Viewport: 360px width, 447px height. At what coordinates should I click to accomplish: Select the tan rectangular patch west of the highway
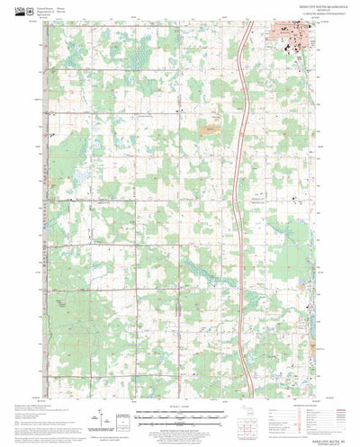[x=212, y=130]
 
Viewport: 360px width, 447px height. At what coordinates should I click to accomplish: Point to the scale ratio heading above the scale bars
[x=180, y=407]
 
